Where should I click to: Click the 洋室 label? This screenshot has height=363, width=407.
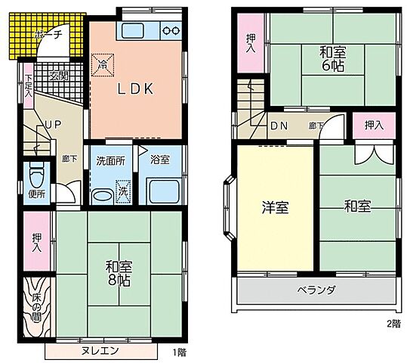tap(276, 208)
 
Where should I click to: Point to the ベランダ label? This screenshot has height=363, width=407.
tap(315, 290)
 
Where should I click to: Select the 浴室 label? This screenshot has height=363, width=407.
tap(159, 160)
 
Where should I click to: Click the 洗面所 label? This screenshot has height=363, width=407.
tap(109, 160)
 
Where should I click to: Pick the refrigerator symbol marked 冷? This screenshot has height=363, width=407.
tap(103, 64)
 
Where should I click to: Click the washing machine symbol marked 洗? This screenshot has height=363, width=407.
tap(122, 192)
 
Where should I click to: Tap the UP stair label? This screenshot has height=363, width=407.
tap(51, 125)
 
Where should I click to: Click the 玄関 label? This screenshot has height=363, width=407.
tap(59, 74)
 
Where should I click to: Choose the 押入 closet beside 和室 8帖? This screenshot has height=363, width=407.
tap(36, 243)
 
